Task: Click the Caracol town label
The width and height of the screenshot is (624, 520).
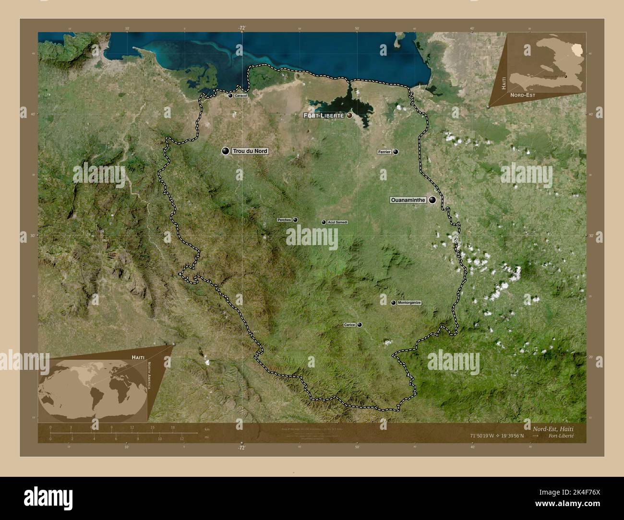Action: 241,96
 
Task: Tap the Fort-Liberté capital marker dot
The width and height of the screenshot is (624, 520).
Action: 349,116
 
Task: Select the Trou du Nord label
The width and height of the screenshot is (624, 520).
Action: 250,151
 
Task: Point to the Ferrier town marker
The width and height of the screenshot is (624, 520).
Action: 396,152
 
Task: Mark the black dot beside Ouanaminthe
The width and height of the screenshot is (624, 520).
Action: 432,200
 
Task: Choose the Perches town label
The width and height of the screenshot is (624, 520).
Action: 284,220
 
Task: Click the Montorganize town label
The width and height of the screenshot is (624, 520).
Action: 409,303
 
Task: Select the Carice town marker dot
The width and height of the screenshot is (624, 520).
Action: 359,325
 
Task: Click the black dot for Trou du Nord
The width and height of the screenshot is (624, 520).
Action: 225,151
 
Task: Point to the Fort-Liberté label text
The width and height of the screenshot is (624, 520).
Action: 323,116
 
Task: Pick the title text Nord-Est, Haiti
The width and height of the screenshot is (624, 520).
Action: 553,428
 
